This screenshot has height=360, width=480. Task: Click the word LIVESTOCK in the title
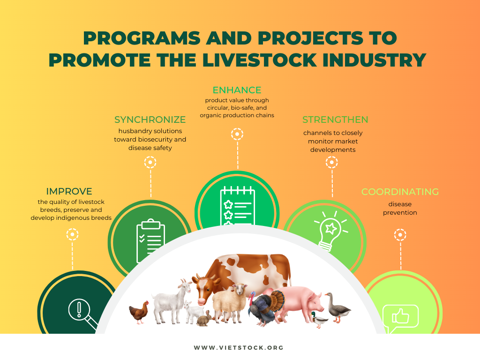(259, 60)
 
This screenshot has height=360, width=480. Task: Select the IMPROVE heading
(69, 191)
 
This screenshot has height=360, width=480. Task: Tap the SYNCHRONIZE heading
(150, 120)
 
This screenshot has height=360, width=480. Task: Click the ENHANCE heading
(237, 90)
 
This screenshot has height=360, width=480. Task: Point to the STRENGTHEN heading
(335, 120)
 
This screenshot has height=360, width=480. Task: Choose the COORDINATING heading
(400, 192)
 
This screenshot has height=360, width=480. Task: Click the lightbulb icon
(330, 231)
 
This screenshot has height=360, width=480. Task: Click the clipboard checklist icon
(150, 240)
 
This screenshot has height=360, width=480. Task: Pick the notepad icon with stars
(238, 206)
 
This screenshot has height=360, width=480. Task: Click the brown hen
(139, 312)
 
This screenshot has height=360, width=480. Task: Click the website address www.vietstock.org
(239, 348)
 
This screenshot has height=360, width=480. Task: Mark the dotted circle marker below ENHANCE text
(237, 134)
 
